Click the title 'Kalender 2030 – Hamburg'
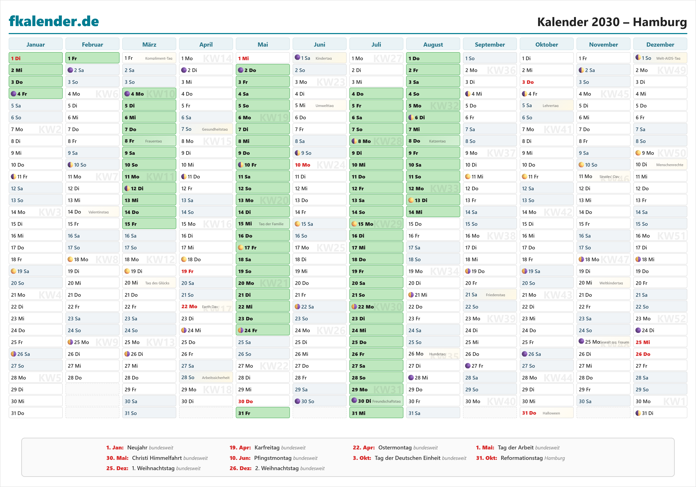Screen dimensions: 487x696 tap(612, 22)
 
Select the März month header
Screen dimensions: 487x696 tap(149, 45)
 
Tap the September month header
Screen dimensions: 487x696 tap(490, 45)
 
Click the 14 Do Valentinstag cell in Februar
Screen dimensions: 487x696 tap(92, 212)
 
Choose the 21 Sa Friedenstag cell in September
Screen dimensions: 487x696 tap(490, 295)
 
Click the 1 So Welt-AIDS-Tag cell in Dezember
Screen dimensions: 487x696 tap(660, 58)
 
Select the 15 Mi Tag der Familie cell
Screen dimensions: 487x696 tap(263, 224)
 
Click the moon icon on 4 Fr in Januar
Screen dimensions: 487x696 tap(14, 94)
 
